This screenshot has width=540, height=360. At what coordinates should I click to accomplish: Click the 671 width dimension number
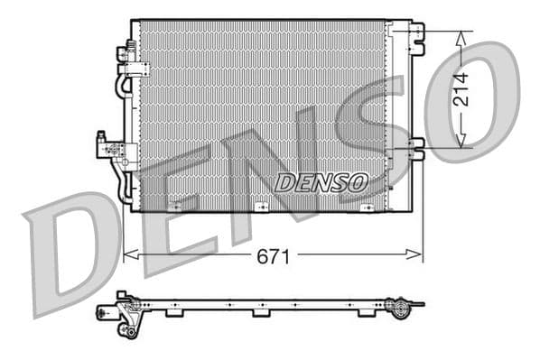click(274, 256)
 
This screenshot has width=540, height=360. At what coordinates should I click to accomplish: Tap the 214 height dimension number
click(461, 89)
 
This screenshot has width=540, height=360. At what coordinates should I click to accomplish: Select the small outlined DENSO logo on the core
click(321, 182)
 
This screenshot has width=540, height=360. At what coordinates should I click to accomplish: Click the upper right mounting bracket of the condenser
click(414, 34)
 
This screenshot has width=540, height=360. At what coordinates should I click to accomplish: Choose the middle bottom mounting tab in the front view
click(263, 208)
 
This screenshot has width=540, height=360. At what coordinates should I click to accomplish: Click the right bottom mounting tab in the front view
click(366, 208)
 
